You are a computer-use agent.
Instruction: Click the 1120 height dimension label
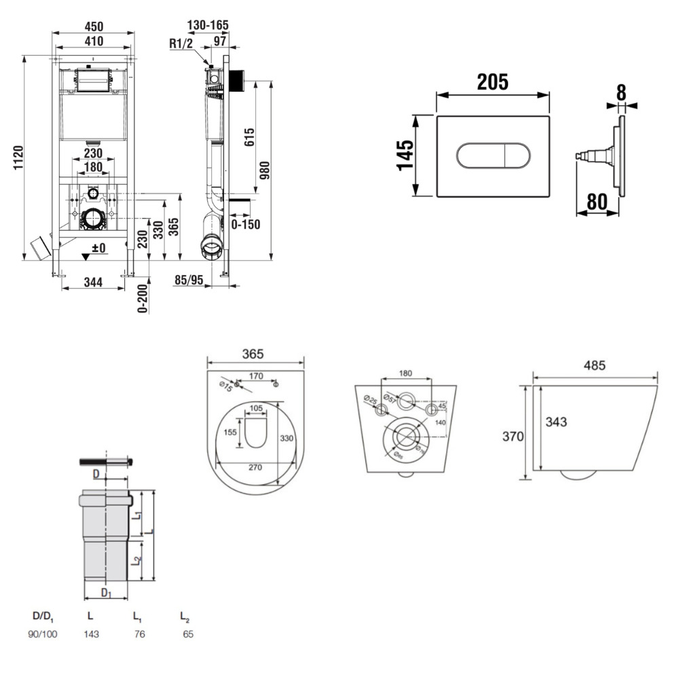pyautogui.click(x=18, y=158)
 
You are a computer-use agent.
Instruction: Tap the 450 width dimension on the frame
pyautogui.click(x=93, y=26)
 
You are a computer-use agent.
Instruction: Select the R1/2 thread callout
pyautogui.click(x=182, y=44)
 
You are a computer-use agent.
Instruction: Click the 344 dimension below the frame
pyautogui.click(x=93, y=282)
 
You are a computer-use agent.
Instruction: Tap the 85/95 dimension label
pyautogui.click(x=189, y=280)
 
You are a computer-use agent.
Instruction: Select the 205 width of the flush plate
pyautogui.click(x=492, y=82)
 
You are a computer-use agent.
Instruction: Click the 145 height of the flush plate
pyautogui.click(x=405, y=156)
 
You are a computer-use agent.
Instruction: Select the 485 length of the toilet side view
pyautogui.click(x=593, y=365)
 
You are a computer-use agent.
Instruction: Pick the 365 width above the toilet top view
pyautogui.click(x=253, y=354)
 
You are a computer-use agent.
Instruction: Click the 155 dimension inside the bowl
pyautogui.click(x=230, y=432)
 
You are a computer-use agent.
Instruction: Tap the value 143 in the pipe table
pyautogui.click(x=90, y=634)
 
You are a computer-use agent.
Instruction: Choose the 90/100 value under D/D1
pyautogui.click(x=43, y=634)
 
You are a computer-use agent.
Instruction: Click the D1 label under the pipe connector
pyautogui.click(x=106, y=593)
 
